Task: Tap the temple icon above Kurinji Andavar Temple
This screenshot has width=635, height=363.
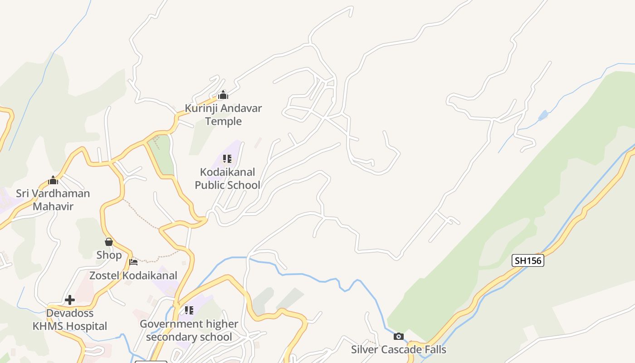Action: [x=223, y=95]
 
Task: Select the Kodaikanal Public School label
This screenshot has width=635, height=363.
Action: [x=227, y=178]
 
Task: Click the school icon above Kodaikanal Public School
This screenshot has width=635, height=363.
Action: [x=227, y=159]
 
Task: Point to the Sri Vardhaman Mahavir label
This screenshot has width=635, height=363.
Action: [x=53, y=200]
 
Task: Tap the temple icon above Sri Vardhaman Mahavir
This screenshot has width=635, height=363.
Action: [x=53, y=180]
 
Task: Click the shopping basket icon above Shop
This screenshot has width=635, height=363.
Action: [x=109, y=242]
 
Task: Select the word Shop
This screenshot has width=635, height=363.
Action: [x=109, y=255]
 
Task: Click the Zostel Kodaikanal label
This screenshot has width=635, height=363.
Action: [x=133, y=275]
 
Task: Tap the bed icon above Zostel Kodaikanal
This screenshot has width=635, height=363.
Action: [x=133, y=262]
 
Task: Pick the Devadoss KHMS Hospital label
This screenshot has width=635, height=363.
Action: [x=70, y=319]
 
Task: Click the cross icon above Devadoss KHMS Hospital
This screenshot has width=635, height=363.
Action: [x=70, y=300]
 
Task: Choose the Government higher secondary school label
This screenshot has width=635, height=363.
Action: [x=189, y=330]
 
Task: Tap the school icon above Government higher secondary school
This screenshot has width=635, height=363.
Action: [x=189, y=310]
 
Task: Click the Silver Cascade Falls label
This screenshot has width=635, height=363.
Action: [x=399, y=349]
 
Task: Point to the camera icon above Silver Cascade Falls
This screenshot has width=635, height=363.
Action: [x=399, y=336]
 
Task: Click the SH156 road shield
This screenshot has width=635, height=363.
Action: [x=528, y=260]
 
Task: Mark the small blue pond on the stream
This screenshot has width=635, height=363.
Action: [x=543, y=116]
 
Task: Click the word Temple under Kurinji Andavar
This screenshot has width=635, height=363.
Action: [x=223, y=121]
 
